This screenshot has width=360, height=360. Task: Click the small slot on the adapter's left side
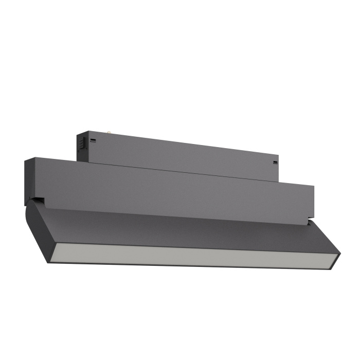[93, 140]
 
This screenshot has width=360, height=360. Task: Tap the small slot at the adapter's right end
[275, 163]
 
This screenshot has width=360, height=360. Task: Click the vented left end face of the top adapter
[81, 146]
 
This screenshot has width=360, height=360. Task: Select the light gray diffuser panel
[195, 255]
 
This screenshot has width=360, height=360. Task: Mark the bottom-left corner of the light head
[49, 263]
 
